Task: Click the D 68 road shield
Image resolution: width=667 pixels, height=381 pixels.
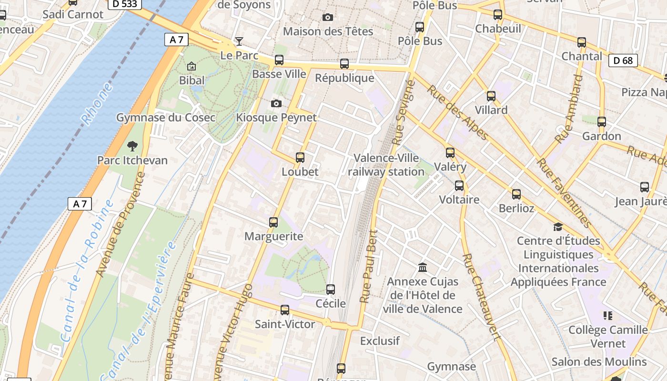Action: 623,60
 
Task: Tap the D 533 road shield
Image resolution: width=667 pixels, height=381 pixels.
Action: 125,4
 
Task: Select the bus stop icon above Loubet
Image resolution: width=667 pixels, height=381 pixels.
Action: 300,157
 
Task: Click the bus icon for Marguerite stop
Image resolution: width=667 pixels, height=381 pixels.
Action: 273,222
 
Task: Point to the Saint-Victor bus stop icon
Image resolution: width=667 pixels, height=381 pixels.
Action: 285,310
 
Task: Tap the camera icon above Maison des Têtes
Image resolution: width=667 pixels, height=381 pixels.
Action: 328,18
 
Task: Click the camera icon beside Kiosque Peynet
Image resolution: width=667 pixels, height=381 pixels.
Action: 276,103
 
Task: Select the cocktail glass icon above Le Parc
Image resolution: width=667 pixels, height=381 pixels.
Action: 239,41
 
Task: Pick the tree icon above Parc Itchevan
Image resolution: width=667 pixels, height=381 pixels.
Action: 132,146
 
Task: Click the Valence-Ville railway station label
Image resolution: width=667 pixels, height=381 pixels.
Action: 386,165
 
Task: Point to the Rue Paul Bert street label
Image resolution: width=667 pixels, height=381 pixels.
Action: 369,267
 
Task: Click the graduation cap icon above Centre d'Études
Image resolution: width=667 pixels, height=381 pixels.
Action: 558,227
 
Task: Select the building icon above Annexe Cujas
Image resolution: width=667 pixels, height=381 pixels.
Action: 423,267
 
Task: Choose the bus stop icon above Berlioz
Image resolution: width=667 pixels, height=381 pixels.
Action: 516,194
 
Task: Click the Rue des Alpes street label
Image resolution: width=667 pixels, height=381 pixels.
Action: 457,113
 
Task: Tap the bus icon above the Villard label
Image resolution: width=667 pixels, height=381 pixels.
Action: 491,96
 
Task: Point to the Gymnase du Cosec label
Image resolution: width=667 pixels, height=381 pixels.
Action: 166,118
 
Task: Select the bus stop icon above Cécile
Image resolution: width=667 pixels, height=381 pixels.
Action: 331,289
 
